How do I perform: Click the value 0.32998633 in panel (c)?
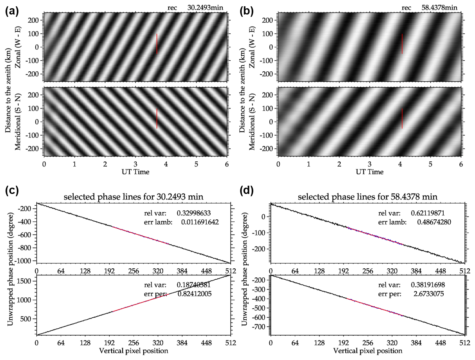click(x=196, y=214)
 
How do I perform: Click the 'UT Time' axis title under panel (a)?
click(x=135, y=172)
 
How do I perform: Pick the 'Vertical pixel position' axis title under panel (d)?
click(x=368, y=350)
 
